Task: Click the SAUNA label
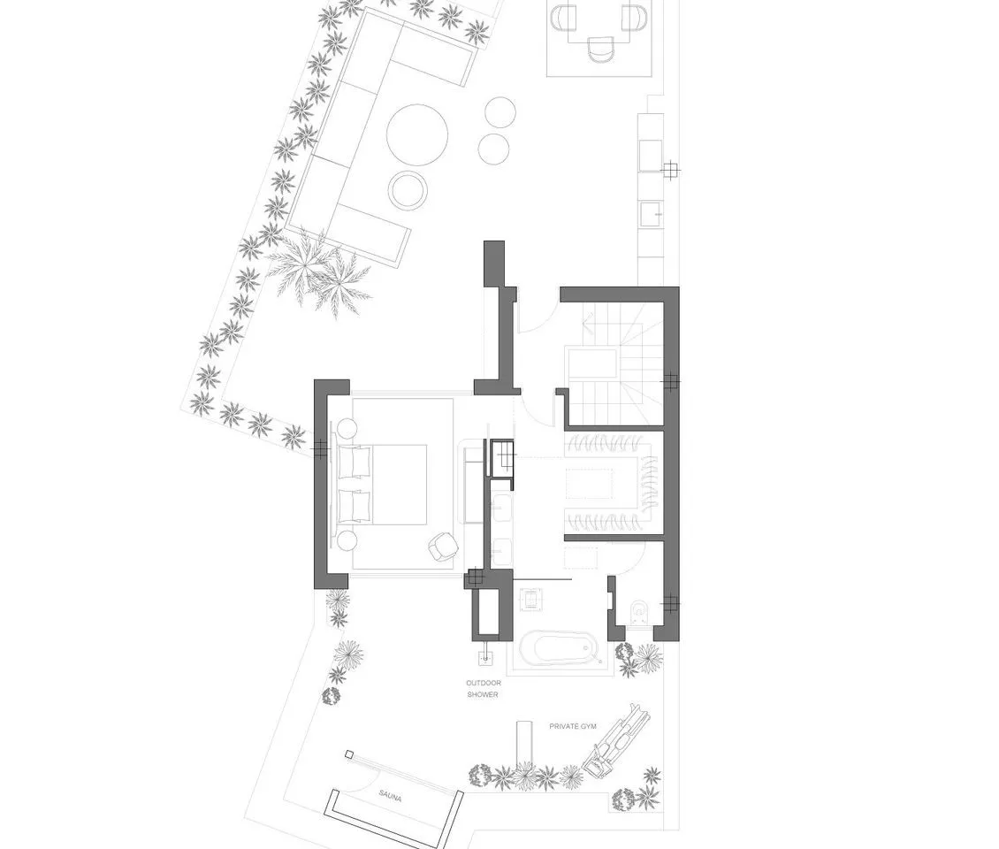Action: point(390,796)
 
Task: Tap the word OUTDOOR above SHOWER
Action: point(484,684)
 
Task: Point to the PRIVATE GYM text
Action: point(573,726)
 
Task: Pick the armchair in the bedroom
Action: point(443,547)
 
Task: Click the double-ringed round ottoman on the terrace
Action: point(408,190)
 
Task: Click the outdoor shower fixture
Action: point(485,651)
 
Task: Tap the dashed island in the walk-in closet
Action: point(589,483)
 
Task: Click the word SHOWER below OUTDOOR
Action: point(483,694)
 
